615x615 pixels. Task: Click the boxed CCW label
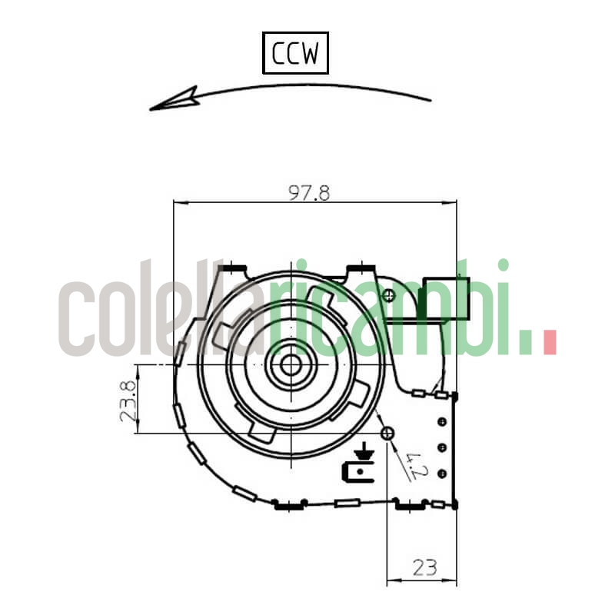tap(295, 53)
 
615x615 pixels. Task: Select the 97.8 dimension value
tap(309, 193)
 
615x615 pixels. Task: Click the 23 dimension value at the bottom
tap(425, 567)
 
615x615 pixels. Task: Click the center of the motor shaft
tap(291, 364)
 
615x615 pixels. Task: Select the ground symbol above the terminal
tap(365, 450)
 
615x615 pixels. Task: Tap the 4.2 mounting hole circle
tap(387, 434)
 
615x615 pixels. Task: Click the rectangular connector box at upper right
tap(446, 298)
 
